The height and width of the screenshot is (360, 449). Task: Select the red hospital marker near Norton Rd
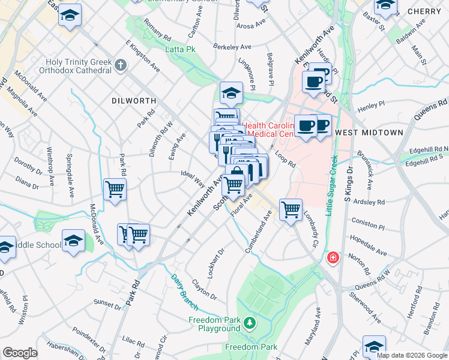tap(332, 258)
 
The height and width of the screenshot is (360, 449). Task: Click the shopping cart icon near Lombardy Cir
tap(291, 209)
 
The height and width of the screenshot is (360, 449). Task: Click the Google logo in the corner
tap(20, 352)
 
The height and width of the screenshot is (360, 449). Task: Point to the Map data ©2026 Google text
tap(411, 355)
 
